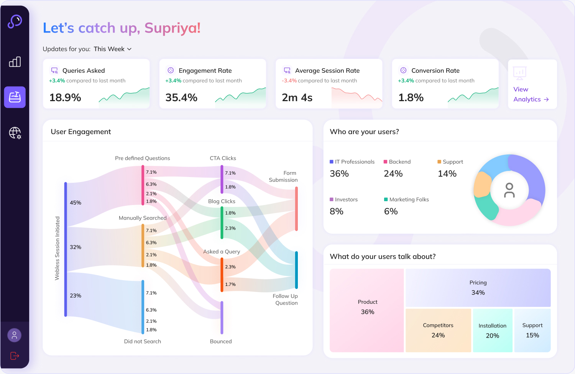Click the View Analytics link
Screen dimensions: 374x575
[x=531, y=94]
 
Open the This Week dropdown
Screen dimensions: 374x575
[x=112, y=49]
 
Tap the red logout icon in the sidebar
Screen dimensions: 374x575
[x=15, y=356]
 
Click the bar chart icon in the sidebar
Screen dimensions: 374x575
[x=15, y=62]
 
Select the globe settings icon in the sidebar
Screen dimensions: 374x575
[x=15, y=133]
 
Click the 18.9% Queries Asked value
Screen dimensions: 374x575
[x=65, y=98]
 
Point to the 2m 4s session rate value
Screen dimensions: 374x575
[x=297, y=98]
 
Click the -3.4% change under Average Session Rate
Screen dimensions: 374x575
[x=289, y=81]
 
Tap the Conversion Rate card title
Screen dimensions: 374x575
[x=435, y=71]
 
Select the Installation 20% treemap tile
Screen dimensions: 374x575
[x=492, y=330]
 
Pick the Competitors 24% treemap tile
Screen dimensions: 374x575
[x=438, y=330]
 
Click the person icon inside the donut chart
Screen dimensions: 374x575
[x=509, y=190]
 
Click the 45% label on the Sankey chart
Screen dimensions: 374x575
[x=76, y=203]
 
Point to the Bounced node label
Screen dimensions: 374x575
[x=221, y=341]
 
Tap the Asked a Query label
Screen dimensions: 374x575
[x=222, y=252]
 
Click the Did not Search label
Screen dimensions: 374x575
[x=142, y=341]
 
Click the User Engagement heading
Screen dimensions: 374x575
[x=81, y=132]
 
